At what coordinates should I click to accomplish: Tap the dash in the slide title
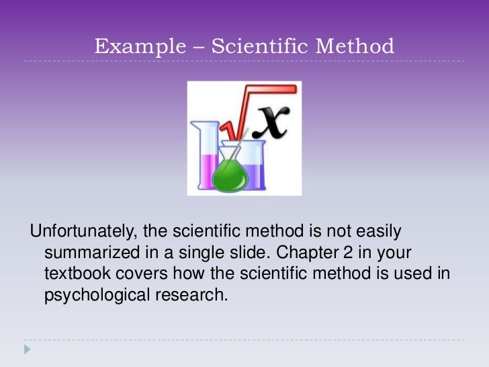pyautogui.click(x=197, y=47)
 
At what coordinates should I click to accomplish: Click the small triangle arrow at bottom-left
pyautogui.click(x=27, y=350)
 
